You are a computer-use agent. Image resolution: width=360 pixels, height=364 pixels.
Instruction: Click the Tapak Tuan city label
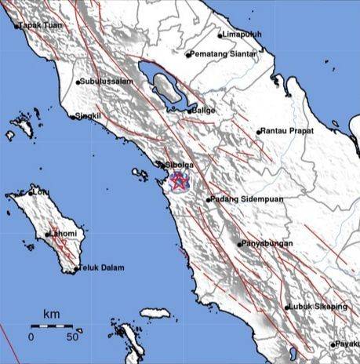[40, 26]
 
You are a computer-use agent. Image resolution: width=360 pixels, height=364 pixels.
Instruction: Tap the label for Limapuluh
[242, 35]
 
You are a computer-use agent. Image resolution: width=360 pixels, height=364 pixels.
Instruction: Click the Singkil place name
[88, 117]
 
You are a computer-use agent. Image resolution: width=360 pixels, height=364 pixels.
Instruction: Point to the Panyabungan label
[267, 244]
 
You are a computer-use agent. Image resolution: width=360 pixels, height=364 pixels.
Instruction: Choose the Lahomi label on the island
[64, 234]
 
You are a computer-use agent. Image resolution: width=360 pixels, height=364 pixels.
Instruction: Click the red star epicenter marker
[180, 184]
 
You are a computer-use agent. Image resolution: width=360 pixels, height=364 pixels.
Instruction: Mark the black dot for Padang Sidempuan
[208, 200]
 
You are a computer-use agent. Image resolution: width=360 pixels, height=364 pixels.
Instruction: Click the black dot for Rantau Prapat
[260, 132]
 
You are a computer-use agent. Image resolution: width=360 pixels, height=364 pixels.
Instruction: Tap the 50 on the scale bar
[71, 337]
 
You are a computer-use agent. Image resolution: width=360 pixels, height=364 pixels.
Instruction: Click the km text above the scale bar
[51, 315]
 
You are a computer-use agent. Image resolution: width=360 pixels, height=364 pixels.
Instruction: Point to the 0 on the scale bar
[31, 337]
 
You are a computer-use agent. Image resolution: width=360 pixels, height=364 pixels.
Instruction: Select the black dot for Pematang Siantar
[188, 55]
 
